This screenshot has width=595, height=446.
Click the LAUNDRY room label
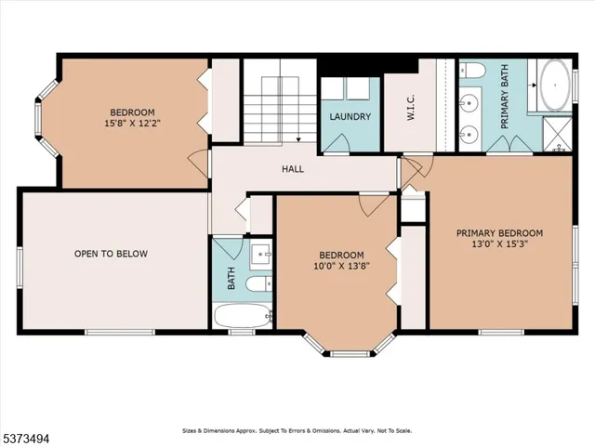tap(350, 117)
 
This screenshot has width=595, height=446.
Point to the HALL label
tap(294, 169)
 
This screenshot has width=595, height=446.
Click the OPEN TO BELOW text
tap(111, 254)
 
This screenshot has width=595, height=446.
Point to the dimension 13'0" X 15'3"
tap(499, 246)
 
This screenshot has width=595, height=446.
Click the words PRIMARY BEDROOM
tap(499, 233)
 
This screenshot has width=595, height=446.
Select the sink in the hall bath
tap(261, 252)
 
